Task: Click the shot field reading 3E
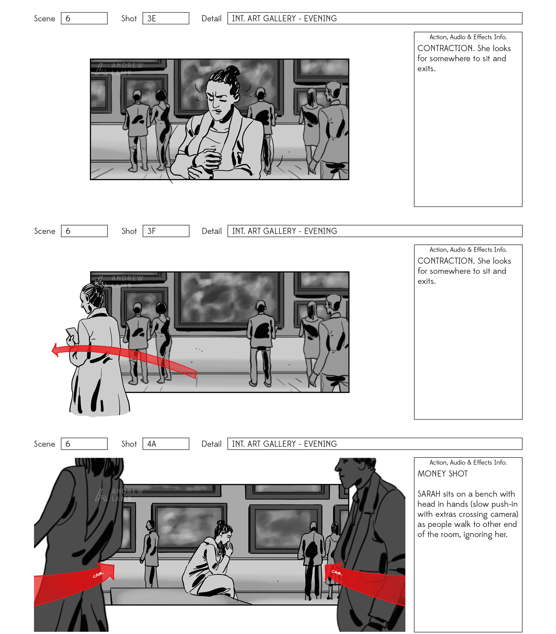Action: coord(166,18)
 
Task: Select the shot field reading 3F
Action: coord(166,231)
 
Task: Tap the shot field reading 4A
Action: coord(166,444)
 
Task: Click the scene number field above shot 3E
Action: coord(84,18)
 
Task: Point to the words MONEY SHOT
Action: coord(442,474)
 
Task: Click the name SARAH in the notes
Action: coord(429,494)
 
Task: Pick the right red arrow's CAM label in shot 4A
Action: coord(336,572)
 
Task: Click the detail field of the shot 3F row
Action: coord(375,231)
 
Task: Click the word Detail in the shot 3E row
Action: coord(212,19)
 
